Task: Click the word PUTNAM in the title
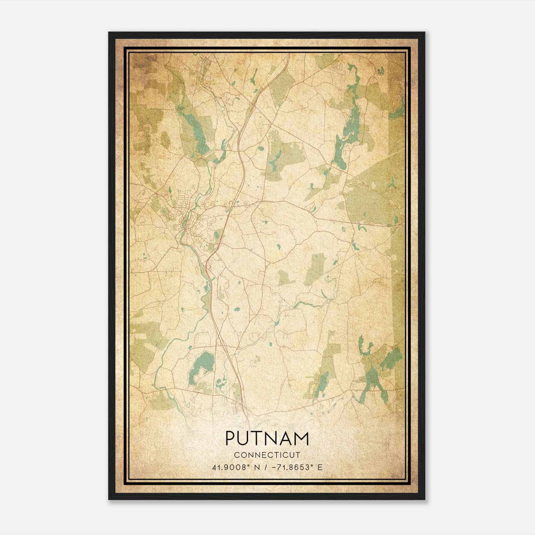[x=267, y=438]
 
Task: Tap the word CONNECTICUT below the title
[x=267, y=455]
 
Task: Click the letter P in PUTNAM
[x=230, y=438]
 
